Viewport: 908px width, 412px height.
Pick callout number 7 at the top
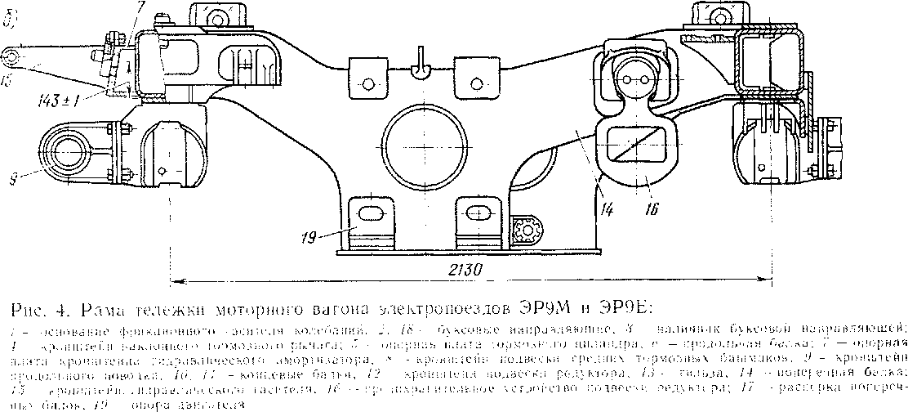pyautogui.click(x=140, y=6)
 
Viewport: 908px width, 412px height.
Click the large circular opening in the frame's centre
pyautogui.click(x=421, y=141)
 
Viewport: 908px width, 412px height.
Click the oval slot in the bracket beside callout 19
pyautogui.click(x=370, y=213)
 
